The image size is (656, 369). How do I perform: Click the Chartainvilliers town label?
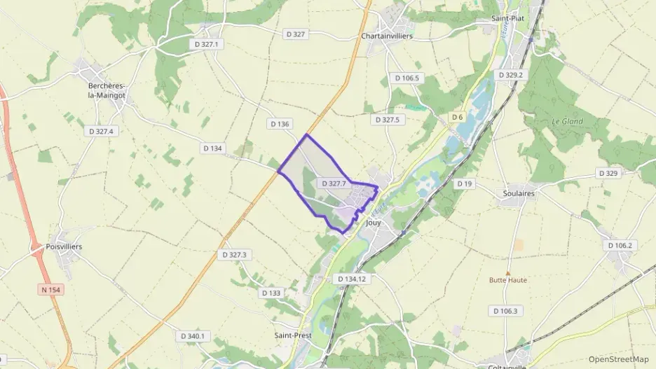(386, 36)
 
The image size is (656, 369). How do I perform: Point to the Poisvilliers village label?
(64, 247)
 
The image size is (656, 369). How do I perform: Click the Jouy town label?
(373, 222)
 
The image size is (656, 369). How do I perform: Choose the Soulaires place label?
(519, 193)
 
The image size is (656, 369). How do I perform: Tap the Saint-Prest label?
(292, 335)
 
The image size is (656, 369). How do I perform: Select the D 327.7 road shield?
(333, 183)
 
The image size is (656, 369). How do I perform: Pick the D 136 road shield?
(279, 124)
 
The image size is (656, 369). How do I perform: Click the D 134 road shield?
(212, 148)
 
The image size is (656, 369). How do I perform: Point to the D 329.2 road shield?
(510, 74)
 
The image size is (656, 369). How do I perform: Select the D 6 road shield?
(458, 116)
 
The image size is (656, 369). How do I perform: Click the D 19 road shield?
(465, 183)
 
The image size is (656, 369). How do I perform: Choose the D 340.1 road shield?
(193, 336)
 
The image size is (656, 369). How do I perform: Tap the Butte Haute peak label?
(508, 280)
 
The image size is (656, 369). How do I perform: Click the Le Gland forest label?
(567, 121)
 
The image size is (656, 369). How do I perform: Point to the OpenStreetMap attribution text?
(619, 359)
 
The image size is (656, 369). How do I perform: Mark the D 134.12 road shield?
(352, 279)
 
